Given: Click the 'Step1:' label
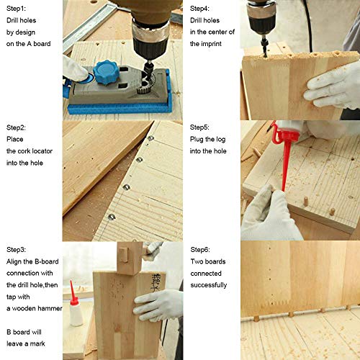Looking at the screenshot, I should point(17,9).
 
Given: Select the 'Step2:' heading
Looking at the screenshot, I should point(17,128).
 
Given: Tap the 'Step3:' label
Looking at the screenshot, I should point(17,248).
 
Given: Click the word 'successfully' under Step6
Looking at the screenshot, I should point(209,285).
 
